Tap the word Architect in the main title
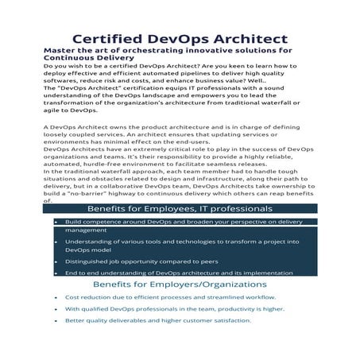coord(249,39)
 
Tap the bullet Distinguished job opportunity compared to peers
coord(130,261)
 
